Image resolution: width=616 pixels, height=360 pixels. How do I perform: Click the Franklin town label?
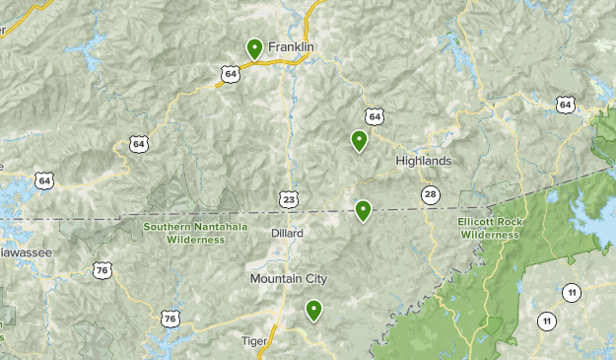[x=291, y=46]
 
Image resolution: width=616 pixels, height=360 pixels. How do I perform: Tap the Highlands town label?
[x=423, y=161]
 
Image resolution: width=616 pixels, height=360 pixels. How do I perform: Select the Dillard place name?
[x=287, y=234]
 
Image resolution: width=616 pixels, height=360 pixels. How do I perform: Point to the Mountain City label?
[x=288, y=279]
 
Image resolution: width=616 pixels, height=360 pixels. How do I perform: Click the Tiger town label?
[x=254, y=341]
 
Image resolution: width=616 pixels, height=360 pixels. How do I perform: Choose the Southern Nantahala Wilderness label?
[x=194, y=232]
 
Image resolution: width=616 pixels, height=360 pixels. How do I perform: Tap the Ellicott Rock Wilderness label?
[x=489, y=229]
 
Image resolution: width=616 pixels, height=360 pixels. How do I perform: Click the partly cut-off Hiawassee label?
[x=25, y=252]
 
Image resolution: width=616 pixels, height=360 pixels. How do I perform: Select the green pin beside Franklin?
[x=254, y=47]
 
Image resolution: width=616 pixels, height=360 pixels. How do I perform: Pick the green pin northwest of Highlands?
[x=360, y=140]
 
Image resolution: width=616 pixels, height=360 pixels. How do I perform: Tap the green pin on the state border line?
[x=363, y=209]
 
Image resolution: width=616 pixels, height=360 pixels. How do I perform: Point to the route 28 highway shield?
[x=430, y=194]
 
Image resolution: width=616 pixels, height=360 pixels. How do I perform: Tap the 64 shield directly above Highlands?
[x=374, y=116]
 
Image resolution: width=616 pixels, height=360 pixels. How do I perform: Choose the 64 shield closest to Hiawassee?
[x=43, y=180]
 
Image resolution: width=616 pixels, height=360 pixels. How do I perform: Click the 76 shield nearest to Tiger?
[x=171, y=319]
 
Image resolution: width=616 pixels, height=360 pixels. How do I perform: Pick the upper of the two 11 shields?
[x=572, y=292]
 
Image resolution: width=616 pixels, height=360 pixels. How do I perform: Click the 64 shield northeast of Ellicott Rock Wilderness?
[x=564, y=104]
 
